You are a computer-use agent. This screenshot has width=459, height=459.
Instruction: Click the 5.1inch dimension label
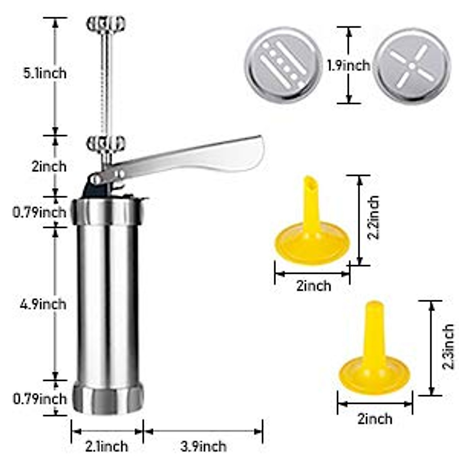point(45,73)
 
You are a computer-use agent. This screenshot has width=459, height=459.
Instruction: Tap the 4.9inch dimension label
point(43,304)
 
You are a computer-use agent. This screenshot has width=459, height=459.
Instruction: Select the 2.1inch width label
point(106,446)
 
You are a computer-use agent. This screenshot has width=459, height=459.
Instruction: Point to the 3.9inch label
point(203,446)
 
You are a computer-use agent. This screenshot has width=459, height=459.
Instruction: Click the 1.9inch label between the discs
point(348,65)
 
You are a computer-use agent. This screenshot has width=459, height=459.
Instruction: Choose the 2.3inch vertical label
point(448,347)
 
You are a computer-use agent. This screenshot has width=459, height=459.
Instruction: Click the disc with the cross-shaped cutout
point(412,66)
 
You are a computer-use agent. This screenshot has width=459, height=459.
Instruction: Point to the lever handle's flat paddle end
point(245,153)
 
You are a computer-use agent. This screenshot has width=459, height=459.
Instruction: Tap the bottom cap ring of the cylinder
point(109,398)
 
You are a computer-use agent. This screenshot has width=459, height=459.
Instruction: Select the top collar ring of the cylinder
point(109,212)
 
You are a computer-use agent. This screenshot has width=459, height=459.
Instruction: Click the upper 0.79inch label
point(39,212)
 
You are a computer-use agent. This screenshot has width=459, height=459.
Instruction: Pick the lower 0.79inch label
point(39,399)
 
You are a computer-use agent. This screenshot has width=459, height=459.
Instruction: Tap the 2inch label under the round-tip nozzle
point(375,418)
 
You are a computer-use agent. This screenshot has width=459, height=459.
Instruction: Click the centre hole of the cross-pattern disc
point(412,66)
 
